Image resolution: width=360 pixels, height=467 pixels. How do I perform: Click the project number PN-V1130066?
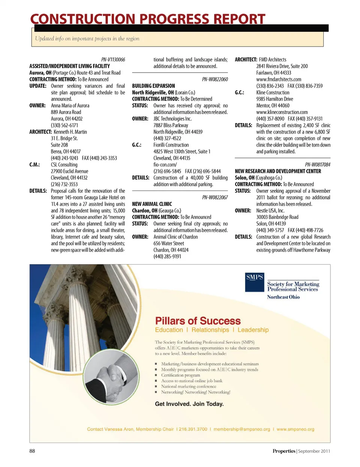point(113,60)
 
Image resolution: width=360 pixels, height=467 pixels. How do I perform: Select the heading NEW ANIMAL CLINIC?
point(152,204)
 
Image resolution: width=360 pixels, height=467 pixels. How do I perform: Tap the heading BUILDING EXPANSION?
point(153,86)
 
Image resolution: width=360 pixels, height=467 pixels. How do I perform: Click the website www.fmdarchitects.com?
point(279,80)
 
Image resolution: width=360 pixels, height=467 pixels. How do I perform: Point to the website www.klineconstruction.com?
point(282,112)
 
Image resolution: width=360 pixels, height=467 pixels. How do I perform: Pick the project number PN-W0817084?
point(318,165)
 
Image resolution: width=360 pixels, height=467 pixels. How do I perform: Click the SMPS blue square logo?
point(255,282)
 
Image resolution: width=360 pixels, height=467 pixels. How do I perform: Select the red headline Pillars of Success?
point(198,321)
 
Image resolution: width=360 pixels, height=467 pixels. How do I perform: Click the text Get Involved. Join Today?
point(189,404)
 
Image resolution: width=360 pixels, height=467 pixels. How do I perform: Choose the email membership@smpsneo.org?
point(242,429)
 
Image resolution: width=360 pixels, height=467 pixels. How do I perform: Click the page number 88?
point(32,451)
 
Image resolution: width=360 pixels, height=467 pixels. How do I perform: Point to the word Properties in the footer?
point(284,451)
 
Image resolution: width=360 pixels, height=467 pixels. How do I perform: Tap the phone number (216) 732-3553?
point(64,184)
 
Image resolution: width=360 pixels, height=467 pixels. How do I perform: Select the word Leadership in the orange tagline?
point(253,330)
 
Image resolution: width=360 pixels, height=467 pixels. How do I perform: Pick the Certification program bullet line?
point(180,375)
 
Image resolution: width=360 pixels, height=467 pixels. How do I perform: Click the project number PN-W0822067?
point(215,198)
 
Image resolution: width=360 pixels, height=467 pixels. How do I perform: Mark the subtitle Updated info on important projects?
point(87,39)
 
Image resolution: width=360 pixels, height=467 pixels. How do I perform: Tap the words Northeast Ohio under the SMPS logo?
point(283,297)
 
